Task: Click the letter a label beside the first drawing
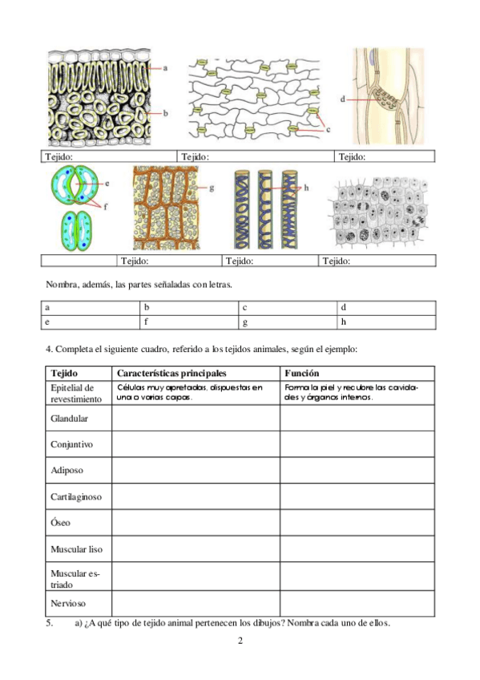point(164,69)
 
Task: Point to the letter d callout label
point(342,99)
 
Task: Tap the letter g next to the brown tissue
point(212,188)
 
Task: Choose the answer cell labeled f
point(188,322)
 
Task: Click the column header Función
point(302,374)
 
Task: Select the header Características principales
point(171,374)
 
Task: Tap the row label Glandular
point(69,419)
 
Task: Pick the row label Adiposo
point(67,470)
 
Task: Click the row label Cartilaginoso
point(76,496)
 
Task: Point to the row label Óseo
point(61,523)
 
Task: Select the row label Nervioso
point(68,603)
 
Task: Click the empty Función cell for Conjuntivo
point(357,444)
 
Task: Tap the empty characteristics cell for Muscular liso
point(196,550)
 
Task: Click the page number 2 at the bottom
point(240,642)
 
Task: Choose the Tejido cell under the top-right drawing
point(385,156)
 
